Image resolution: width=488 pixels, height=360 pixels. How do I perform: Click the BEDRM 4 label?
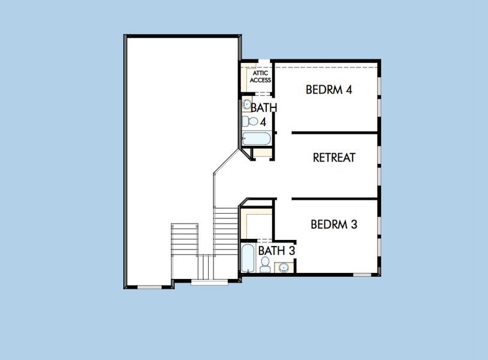tap(329, 90)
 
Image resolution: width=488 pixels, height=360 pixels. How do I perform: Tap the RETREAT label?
tap(334, 158)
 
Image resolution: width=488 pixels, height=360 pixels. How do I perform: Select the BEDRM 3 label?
tap(334, 225)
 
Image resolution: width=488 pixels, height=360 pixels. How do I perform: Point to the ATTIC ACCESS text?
tap(261, 76)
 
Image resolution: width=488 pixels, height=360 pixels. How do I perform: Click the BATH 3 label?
tap(276, 250)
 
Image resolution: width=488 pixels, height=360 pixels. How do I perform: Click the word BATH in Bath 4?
tap(263, 108)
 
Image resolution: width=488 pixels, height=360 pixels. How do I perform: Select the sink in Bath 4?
tap(247, 105)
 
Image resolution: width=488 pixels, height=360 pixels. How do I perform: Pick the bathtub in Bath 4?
tap(257, 139)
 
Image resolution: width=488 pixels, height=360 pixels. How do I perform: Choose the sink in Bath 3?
tap(284, 267)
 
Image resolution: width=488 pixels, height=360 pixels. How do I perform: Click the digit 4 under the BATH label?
tap(263, 122)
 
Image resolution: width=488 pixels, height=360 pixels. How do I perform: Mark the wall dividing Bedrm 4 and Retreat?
tap(335, 132)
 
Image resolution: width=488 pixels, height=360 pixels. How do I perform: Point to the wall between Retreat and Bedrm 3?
tap(335, 198)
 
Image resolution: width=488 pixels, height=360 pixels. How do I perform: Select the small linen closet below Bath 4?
tap(262, 152)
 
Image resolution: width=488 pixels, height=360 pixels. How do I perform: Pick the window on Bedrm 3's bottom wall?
tap(362, 275)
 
